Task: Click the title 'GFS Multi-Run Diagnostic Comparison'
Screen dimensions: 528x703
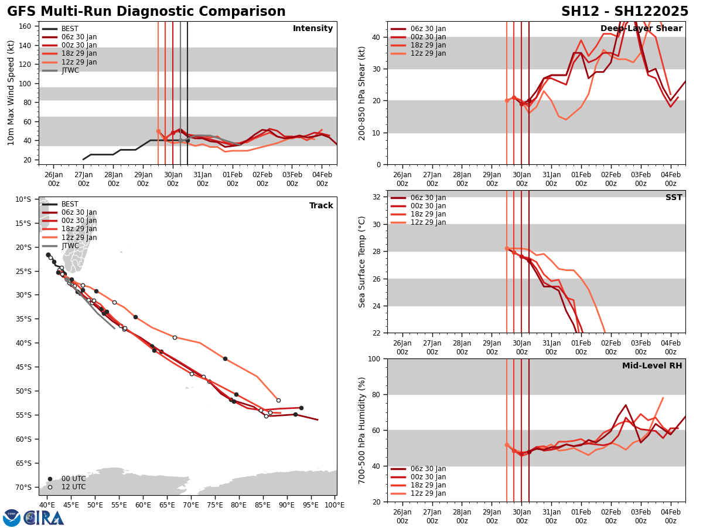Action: (146, 12)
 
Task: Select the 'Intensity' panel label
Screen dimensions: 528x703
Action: (313, 29)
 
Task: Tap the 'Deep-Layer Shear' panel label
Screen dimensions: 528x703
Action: (641, 29)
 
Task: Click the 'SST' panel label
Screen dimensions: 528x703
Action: (674, 198)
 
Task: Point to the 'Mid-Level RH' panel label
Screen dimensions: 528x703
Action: (652, 366)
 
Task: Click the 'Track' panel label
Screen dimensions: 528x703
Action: (321, 206)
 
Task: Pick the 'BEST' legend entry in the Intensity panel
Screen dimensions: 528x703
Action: (70, 29)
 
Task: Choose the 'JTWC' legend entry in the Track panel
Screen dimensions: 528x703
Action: (70, 246)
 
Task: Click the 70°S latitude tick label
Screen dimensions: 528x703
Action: (23, 487)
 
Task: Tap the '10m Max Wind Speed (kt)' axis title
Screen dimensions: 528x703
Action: (11, 93)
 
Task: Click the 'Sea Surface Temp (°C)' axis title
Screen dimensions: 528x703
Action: (362, 262)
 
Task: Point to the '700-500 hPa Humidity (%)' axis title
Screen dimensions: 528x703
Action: (362, 430)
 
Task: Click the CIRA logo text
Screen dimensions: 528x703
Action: (44, 517)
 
